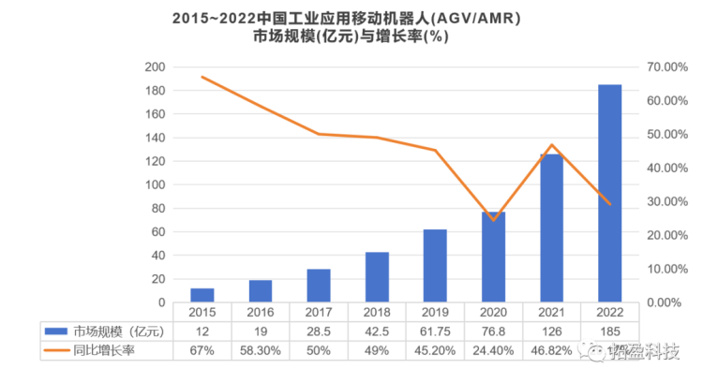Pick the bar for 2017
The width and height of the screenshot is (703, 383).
point(319,285)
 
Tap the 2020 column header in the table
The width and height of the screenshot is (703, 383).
point(493,312)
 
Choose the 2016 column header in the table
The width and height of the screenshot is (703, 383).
point(261,312)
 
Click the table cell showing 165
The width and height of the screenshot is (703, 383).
point(610,331)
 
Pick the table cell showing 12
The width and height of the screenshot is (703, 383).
point(202,331)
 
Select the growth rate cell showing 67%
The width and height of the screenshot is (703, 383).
point(202,350)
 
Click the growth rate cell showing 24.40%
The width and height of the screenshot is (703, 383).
point(493,350)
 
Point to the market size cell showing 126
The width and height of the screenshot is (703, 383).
point(551,331)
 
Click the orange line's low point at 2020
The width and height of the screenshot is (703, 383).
point(493,220)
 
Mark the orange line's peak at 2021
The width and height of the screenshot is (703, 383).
point(551,145)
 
